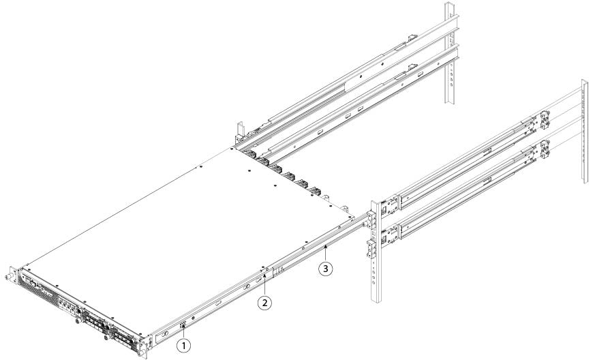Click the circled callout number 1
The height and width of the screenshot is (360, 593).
184,345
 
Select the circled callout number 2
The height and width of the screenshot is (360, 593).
264,303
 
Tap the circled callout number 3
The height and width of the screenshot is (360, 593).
326,269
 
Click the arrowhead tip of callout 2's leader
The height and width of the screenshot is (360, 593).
264,276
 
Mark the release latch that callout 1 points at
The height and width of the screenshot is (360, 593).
184,325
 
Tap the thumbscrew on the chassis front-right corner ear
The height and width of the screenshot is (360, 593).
142,355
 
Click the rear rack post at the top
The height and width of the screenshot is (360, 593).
449,53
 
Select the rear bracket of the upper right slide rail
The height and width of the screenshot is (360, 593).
543,119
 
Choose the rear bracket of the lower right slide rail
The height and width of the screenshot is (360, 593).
544,149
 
